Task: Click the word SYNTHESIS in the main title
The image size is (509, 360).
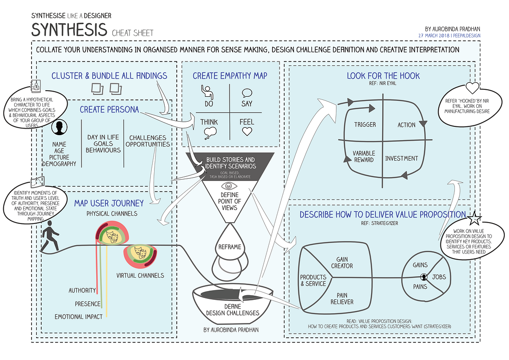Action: pyautogui.click(x=69, y=30)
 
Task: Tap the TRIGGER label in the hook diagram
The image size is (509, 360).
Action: pyautogui.click(x=365, y=125)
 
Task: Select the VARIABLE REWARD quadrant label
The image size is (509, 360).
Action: pyautogui.click(x=364, y=157)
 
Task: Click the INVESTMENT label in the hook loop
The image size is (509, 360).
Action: pyautogui.click(x=402, y=159)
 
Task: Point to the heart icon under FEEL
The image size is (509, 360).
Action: pyautogui.click(x=247, y=131)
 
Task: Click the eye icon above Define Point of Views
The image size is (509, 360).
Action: pyautogui.click(x=230, y=186)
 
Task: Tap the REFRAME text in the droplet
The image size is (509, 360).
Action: pyautogui.click(x=230, y=247)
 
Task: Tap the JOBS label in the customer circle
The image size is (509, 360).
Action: pyautogui.click(x=439, y=277)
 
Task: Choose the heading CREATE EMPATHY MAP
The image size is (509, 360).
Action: pyautogui.click(x=230, y=75)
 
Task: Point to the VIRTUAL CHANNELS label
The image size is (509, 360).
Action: pyautogui.click(x=140, y=275)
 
